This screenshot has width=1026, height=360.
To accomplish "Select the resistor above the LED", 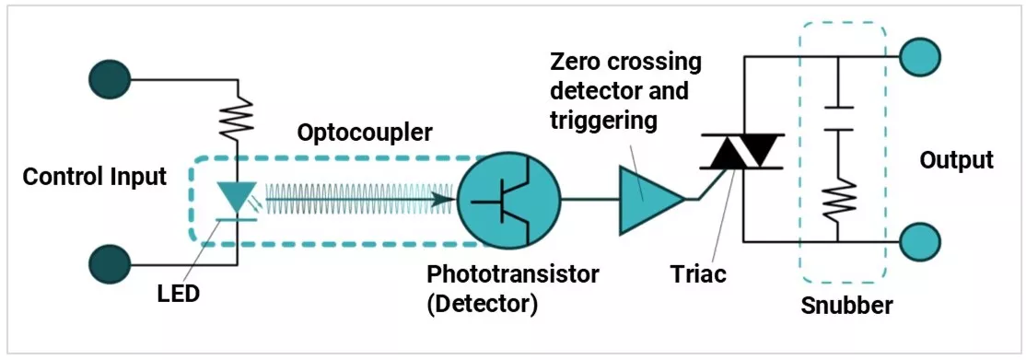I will tap(239, 115).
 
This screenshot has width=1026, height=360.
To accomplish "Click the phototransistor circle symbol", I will tap(509, 198).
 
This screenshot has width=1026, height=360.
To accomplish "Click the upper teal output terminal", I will tap(919, 57).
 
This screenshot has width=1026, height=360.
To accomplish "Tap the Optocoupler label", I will tap(365, 133).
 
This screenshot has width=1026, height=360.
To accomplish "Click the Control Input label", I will tap(95, 176).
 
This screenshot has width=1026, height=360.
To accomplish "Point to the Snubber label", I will tap(847, 305).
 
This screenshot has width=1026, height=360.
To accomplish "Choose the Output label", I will tap(956, 160).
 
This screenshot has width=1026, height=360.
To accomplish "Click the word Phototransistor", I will tap(513, 274).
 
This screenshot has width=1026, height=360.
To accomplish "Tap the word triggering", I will tap(602, 120).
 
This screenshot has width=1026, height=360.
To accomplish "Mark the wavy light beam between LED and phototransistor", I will tap(359, 197).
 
